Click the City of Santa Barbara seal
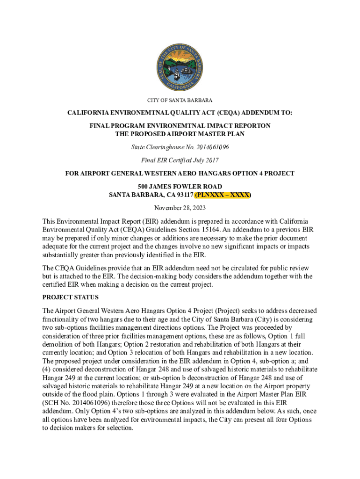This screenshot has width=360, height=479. click(180, 69)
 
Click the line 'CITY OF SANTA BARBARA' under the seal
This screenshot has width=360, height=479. click(180, 101)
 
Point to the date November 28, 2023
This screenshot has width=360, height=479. click(180, 208)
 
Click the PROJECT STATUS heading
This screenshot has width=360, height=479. click(70, 297)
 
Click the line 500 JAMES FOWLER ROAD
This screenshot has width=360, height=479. click(180, 186)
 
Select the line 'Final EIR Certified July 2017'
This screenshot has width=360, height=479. click(180, 160)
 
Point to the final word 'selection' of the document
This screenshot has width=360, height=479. click(120, 428)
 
